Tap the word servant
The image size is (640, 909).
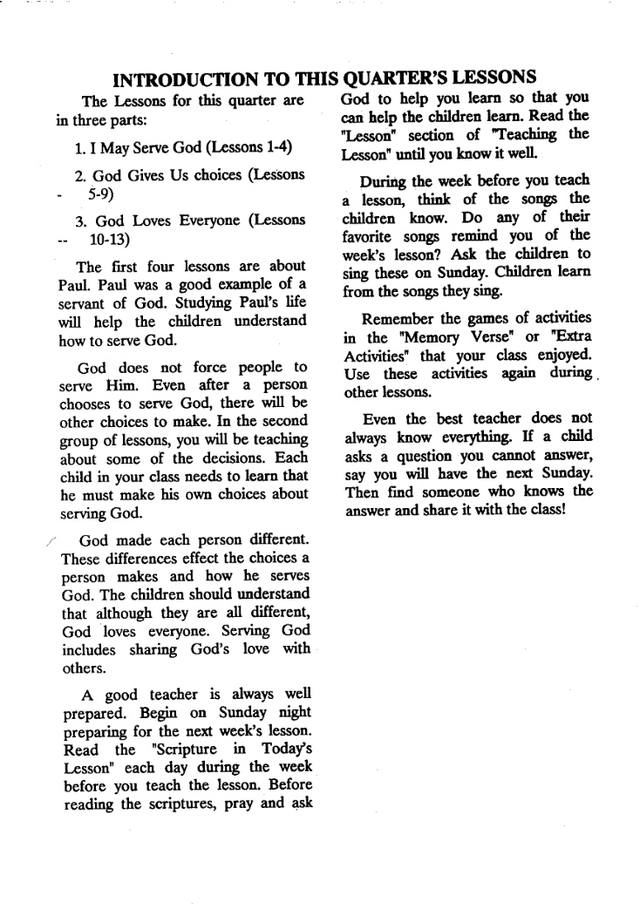tap(83, 304)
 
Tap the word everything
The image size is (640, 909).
tap(479, 435)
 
